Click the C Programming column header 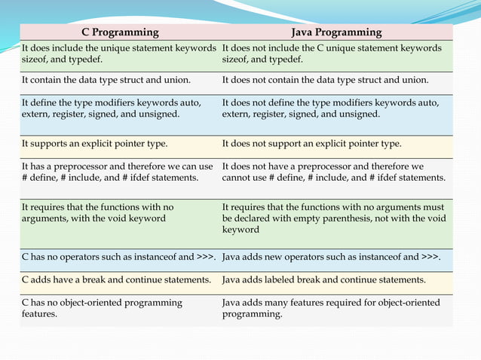tap(120, 32)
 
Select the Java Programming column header tap(336, 32)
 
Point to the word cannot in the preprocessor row tap(237, 177)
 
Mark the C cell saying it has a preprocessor tap(118, 172)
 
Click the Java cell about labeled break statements tap(324, 280)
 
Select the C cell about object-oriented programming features tap(102, 309)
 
